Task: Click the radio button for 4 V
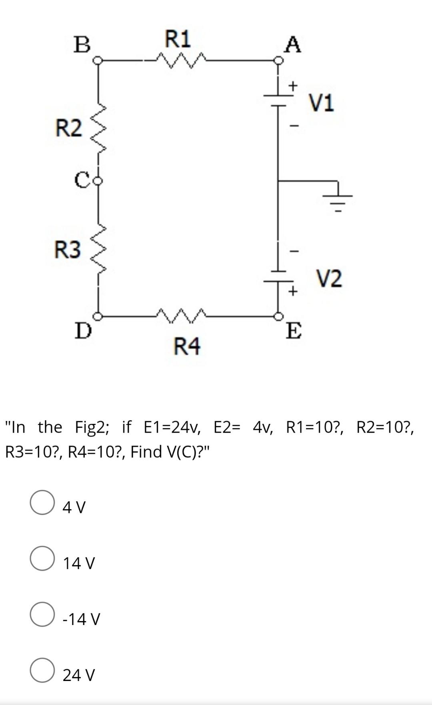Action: [42, 503]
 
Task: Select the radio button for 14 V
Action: [42, 559]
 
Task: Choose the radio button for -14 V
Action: [42, 614]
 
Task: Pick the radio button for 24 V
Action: [42, 670]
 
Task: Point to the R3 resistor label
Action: [68, 250]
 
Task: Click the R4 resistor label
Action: [187, 346]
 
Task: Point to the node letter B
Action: [82, 44]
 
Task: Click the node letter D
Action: [84, 331]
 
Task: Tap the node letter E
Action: [294, 331]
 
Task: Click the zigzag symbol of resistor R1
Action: [181, 60]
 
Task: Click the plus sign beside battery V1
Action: [294, 86]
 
